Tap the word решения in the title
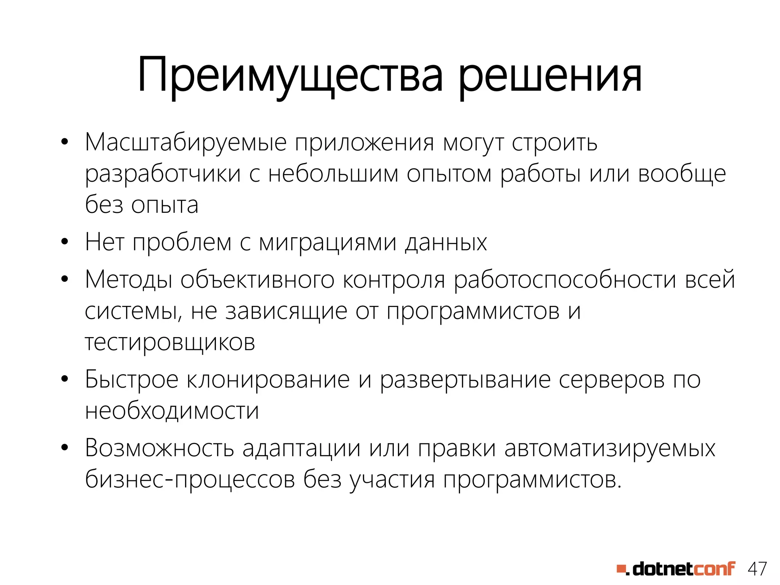pos(550,75)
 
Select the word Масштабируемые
pos(185,143)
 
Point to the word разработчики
pos(163,174)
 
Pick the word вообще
pos(682,174)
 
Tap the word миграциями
pos(328,243)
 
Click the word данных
pos(446,242)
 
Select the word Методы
pos(128,280)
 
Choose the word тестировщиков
pos(169,343)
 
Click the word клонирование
pos(268,380)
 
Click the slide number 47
pos(757,569)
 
